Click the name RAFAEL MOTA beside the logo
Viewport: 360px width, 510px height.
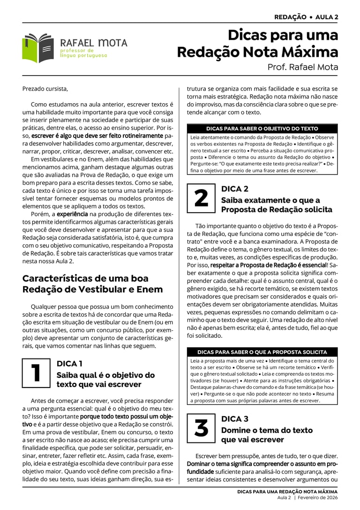pyautogui.click(x=94, y=43)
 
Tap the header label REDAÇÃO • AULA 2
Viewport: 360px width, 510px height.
pyautogui.click(x=306, y=17)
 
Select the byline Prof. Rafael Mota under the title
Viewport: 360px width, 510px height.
pyautogui.click(x=302, y=67)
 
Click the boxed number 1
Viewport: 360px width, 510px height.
pyautogui.click(x=36, y=373)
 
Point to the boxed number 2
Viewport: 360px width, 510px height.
pyautogui.click(x=201, y=198)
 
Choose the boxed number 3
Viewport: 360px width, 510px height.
pyautogui.click(x=201, y=428)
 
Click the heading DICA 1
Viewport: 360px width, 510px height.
pyautogui.click(x=69, y=364)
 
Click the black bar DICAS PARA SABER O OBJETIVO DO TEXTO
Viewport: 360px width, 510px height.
pyautogui.click(x=262, y=129)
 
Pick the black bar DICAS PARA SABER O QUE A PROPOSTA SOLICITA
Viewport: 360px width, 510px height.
pyautogui.click(x=262, y=352)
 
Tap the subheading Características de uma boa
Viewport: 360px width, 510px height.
pyautogui.click(x=85, y=278)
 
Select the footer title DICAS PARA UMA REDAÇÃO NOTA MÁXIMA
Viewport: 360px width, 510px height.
pyautogui.click(x=287, y=491)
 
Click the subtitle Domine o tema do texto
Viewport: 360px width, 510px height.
pyautogui.click(x=267, y=430)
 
